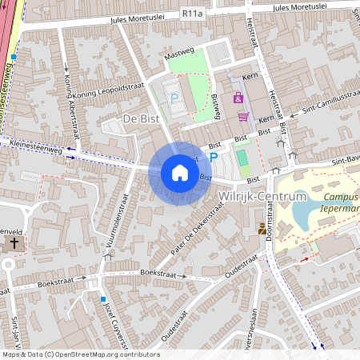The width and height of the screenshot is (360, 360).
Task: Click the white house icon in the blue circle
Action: click(180, 173)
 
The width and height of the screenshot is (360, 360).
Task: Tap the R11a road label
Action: click(192, 14)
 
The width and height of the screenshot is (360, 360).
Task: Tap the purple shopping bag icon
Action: click(238, 98)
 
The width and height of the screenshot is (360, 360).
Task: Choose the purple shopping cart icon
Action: click(243, 116)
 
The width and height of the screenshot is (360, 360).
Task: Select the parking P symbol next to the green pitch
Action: click(214, 158)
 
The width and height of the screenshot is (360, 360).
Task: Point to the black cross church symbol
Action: click(14, 242)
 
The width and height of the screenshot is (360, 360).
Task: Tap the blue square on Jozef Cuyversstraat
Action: click(103, 299)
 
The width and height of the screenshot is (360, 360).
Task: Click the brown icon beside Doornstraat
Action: click(262, 229)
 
